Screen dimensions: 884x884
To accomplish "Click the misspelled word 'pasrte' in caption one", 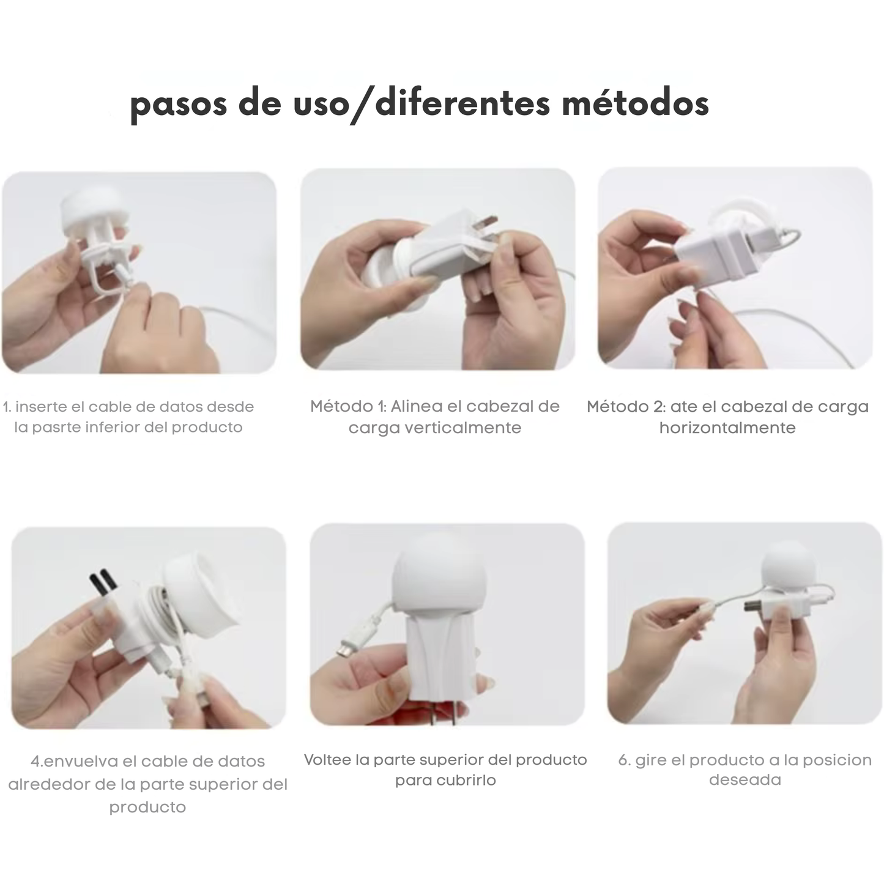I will click(56, 427).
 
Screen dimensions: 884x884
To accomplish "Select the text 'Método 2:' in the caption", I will click(626, 406).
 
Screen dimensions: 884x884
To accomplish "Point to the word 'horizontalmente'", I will click(727, 428).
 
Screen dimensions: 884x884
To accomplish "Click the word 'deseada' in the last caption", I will click(745, 780).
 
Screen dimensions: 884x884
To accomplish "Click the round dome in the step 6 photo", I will click(787, 569).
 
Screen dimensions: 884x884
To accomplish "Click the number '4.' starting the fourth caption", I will click(37, 762).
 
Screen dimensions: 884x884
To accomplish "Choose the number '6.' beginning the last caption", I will click(624, 760).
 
